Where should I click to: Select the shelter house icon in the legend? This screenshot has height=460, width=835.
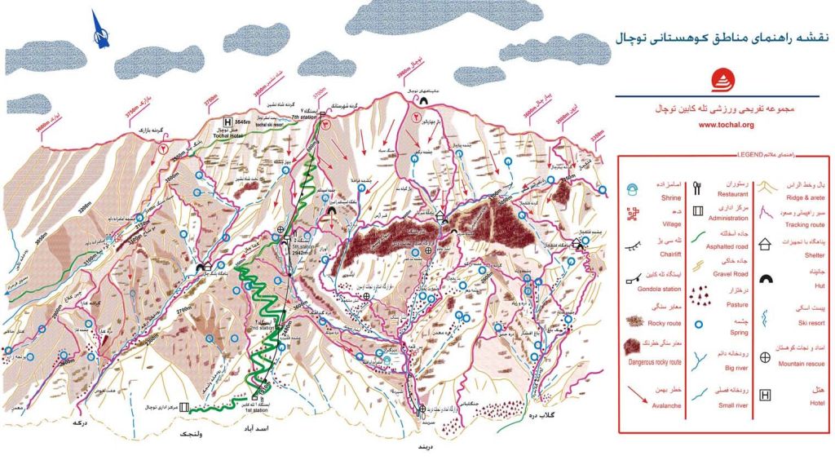[x=764, y=243]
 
